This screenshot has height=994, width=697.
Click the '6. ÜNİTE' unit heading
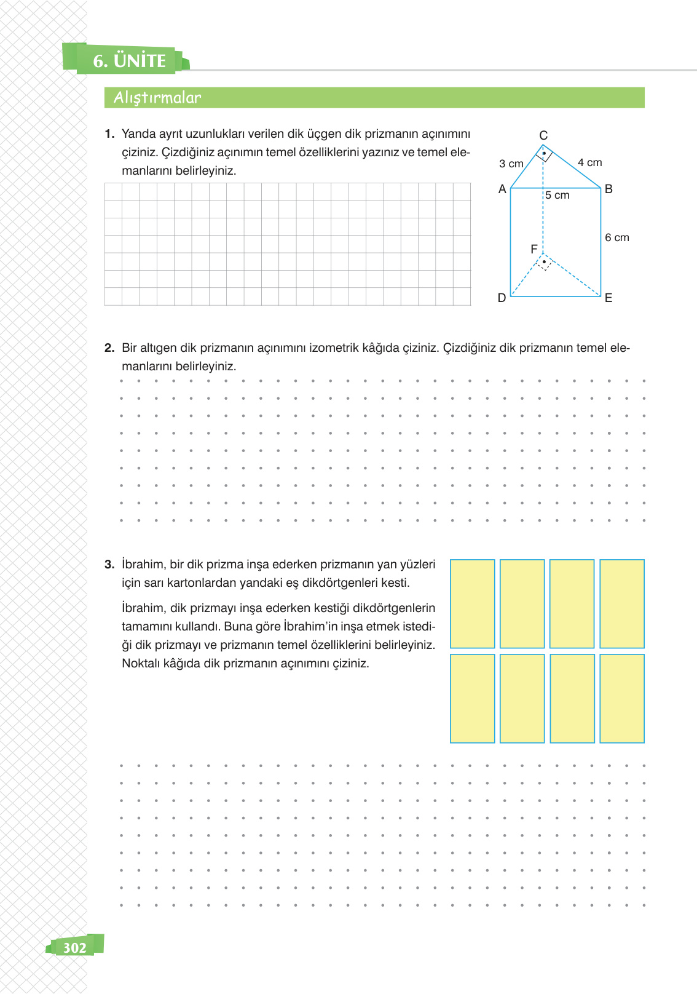(x=129, y=61)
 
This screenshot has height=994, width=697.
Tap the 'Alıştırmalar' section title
(x=157, y=98)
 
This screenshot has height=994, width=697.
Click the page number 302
(x=75, y=947)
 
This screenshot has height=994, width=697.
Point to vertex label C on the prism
(x=543, y=135)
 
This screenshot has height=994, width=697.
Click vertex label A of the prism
(x=502, y=189)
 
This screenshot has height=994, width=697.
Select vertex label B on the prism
(x=608, y=189)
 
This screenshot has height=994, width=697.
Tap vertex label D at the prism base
(x=502, y=298)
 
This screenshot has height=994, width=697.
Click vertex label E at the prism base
(x=608, y=298)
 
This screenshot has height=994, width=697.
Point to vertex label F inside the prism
(x=534, y=249)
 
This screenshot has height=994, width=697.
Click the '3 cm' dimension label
(x=511, y=164)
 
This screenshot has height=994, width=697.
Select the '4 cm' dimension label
(x=590, y=162)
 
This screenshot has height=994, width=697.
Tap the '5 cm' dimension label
(x=557, y=196)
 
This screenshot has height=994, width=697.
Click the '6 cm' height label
(x=617, y=237)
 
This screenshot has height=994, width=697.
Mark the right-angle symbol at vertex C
(x=544, y=153)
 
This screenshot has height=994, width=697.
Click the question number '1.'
(x=109, y=134)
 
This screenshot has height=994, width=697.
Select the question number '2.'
(x=109, y=348)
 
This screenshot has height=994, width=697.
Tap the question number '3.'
(x=109, y=565)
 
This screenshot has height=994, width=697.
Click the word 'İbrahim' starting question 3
(x=143, y=565)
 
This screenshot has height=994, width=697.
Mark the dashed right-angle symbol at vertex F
(x=544, y=263)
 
